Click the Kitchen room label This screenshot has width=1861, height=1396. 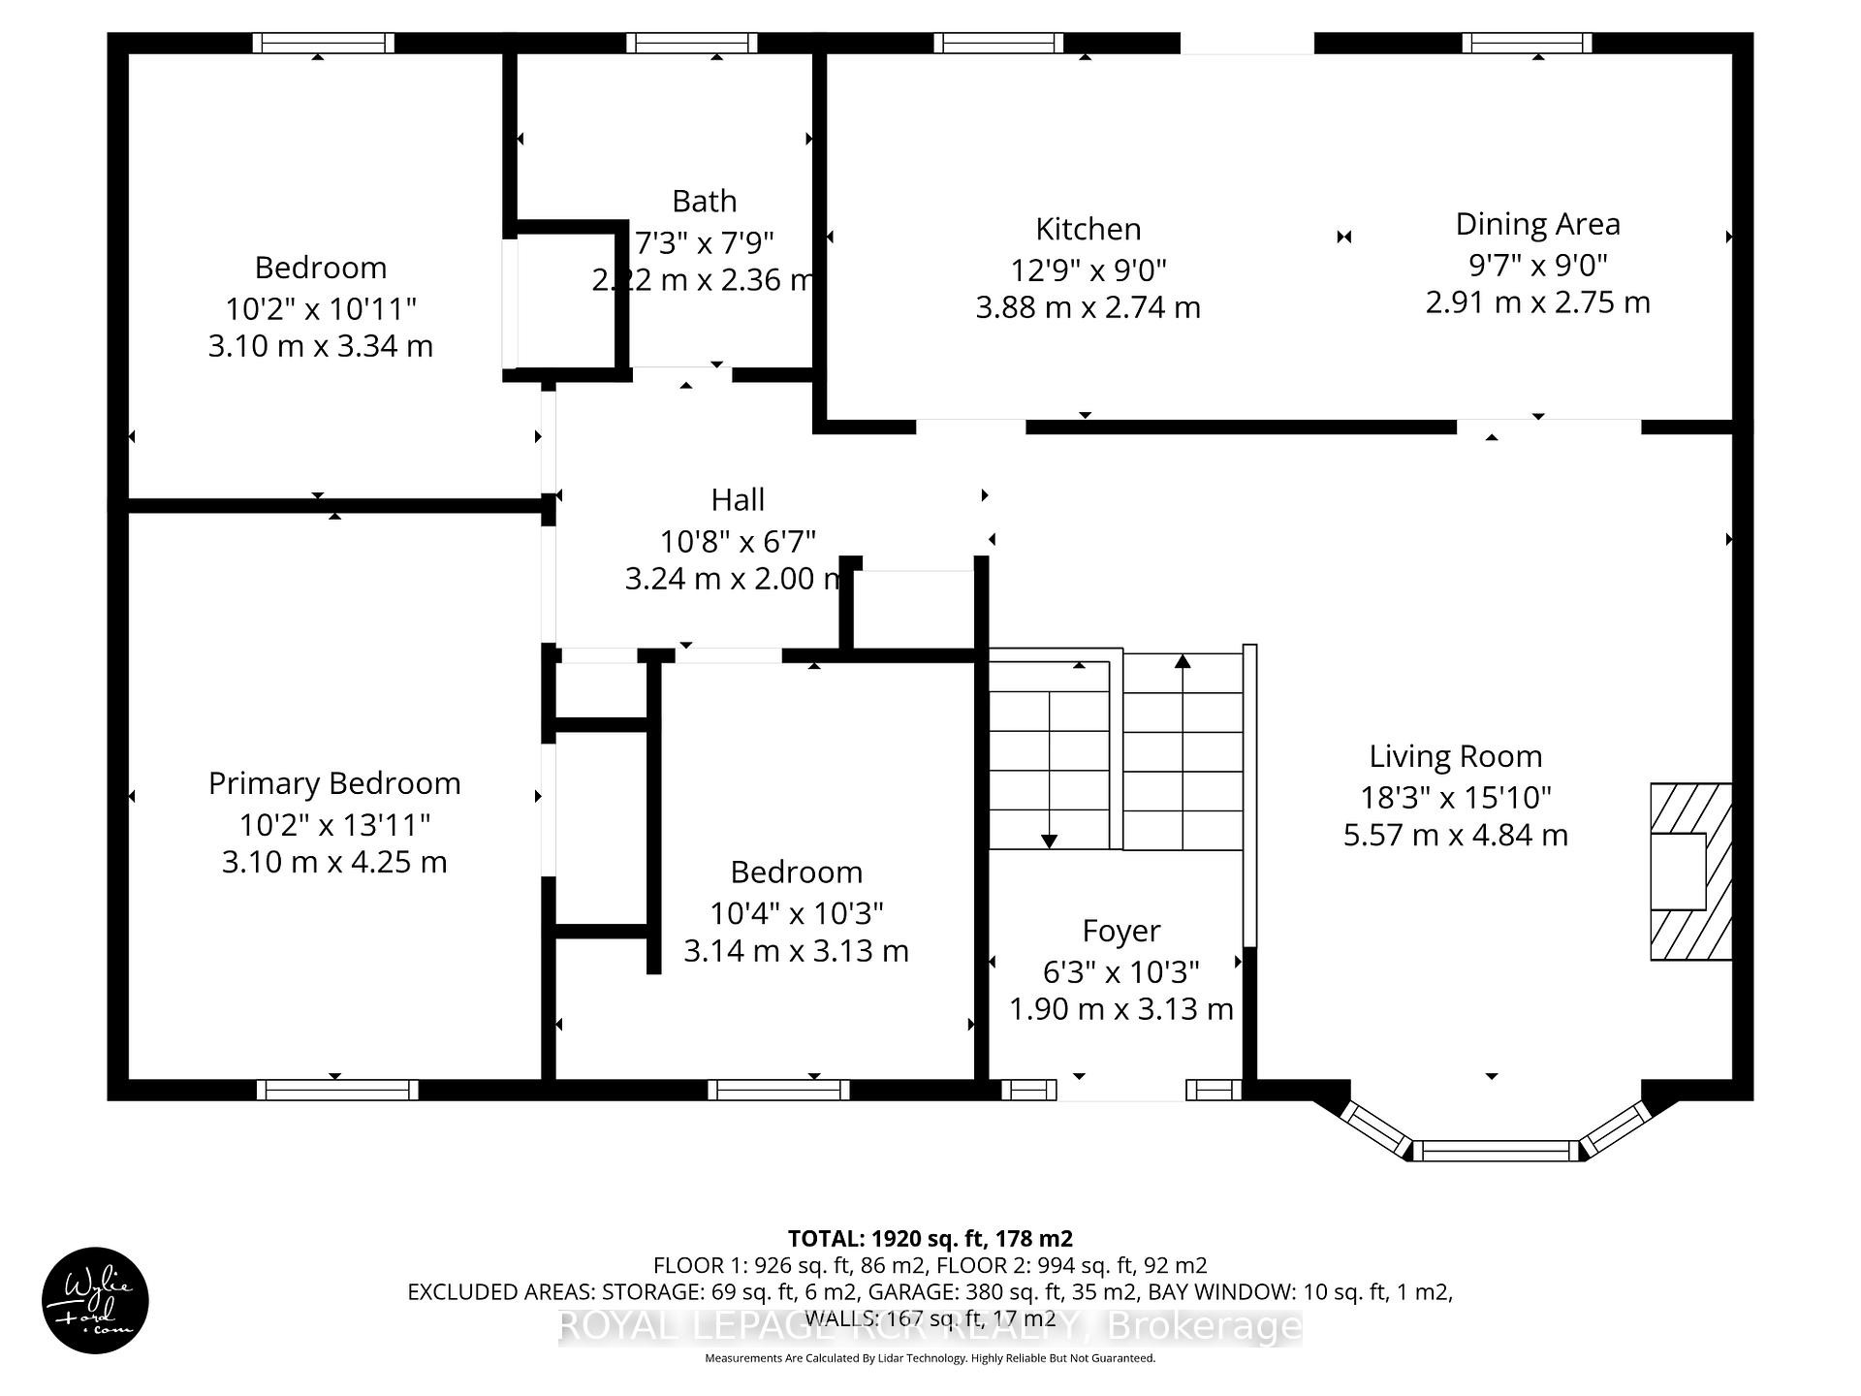(x=1088, y=229)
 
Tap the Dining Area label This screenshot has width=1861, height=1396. (x=1537, y=224)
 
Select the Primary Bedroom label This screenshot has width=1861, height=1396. (x=334, y=783)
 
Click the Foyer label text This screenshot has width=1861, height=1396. (x=1120, y=931)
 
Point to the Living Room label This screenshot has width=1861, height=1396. (x=1455, y=756)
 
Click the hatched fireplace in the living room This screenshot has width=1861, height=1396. (x=1690, y=872)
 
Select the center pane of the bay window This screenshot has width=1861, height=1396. (x=1497, y=1151)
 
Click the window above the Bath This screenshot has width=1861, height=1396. (x=691, y=43)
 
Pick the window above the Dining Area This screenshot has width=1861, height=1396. (x=1527, y=43)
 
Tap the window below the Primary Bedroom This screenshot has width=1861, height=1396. (x=337, y=1090)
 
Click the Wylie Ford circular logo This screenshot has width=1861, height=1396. (x=95, y=1300)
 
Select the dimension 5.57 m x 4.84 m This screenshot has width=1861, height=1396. (x=1455, y=835)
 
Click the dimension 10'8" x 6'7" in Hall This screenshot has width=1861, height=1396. (x=738, y=540)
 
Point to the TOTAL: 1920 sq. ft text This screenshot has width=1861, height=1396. (x=930, y=1238)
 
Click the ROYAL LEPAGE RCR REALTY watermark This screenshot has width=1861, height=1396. (x=930, y=1325)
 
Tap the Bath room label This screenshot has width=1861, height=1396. (x=704, y=202)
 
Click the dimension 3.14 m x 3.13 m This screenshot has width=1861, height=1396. (x=796, y=951)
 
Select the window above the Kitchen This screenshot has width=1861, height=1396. (x=998, y=43)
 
